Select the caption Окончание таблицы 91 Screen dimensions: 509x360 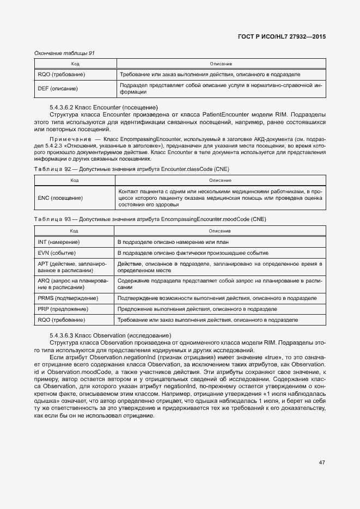[64, 53]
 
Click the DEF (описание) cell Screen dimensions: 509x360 [58, 88]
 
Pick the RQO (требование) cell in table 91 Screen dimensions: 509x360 [61, 74]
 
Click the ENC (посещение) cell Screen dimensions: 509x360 [60, 198]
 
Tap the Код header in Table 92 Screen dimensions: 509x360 [74, 179]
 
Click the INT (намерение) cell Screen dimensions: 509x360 [58, 241]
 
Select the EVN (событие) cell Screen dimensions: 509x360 [56, 253]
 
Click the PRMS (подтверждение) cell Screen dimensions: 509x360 [68, 298]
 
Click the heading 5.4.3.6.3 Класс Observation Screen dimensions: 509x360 [111, 335]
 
